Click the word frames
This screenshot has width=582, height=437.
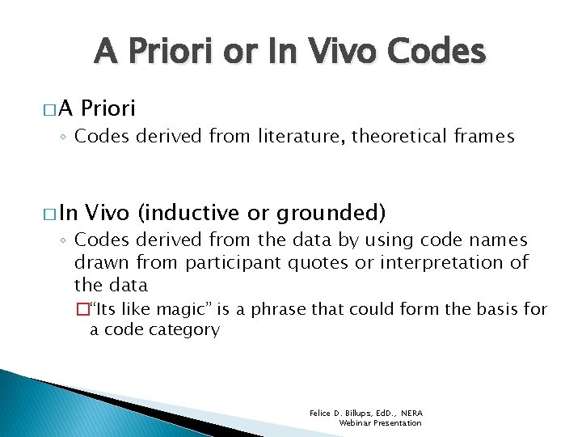pos(483,137)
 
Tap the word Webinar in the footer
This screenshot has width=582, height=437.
pos(355,422)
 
